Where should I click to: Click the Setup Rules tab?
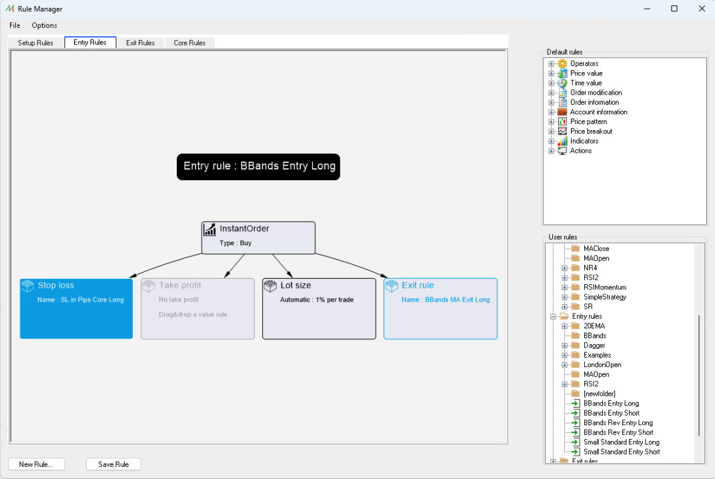(x=35, y=43)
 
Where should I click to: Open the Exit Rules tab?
(x=141, y=43)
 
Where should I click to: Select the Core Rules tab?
(x=189, y=43)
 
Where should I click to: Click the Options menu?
(x=44, y=25)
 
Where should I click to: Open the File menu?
(x=15, y=25)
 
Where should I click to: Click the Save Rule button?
(x=113, y=464)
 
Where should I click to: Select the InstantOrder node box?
(x=259, y=237)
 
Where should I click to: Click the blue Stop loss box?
(x=76, y=309)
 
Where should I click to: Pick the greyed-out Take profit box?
(x=197, y=309)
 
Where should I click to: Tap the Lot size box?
(x=319, y=309)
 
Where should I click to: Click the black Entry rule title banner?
(x=259, y=167)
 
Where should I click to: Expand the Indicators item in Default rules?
(x=552, y=141)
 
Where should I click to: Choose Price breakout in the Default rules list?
(x=591, y=131)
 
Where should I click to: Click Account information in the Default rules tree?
(x=598, y=112)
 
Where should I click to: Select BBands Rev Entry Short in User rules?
(x=618, y=432)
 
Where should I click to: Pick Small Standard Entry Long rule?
(x=621, y=442)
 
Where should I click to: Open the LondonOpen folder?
(x=602, y=365)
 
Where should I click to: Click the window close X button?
(x=702, y=9)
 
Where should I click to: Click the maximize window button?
(x=674, y=9)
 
